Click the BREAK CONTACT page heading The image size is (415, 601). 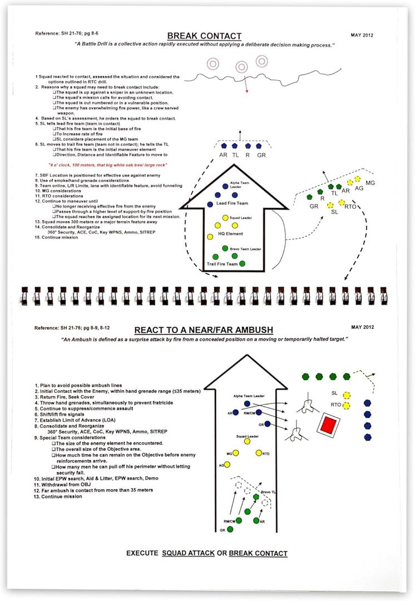[204, 36]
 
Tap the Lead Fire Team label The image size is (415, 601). [232, 204]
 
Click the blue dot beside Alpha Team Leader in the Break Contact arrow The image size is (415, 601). [225, 186]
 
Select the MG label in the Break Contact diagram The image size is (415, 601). [370, 183]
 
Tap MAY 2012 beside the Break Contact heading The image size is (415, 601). [362, 35]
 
